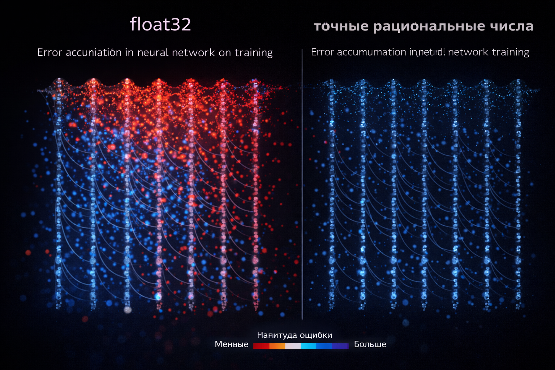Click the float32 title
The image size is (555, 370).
pyautogui.click(x=160, y=25)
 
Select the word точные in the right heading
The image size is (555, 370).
pyautogui.click(x=341, y=26)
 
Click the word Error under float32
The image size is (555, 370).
pyautogui.click(x=50, y=53)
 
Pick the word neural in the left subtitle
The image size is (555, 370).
pyautogui.click(x=153, y=53)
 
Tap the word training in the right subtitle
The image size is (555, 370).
pyautogui.click(x=511, y=52)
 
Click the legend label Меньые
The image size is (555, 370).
pyautogui.click(x=232, y=344)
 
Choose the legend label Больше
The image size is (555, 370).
pyautogui.click(x=370, y=344)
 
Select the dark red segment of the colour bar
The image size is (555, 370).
pyautogui.click(x=261, y=346)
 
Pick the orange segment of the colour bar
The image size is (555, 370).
pyautogui.click(x=277, y=346)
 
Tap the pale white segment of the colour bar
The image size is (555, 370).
pyautogui.click(x=293, y=346)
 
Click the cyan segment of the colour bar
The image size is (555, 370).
pyautogui.click(x=309, y=346)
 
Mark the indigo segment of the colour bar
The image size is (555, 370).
pyautogui.click(x=340, y=346)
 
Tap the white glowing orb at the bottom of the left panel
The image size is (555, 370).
pyautogui.click(x=127, y=310)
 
